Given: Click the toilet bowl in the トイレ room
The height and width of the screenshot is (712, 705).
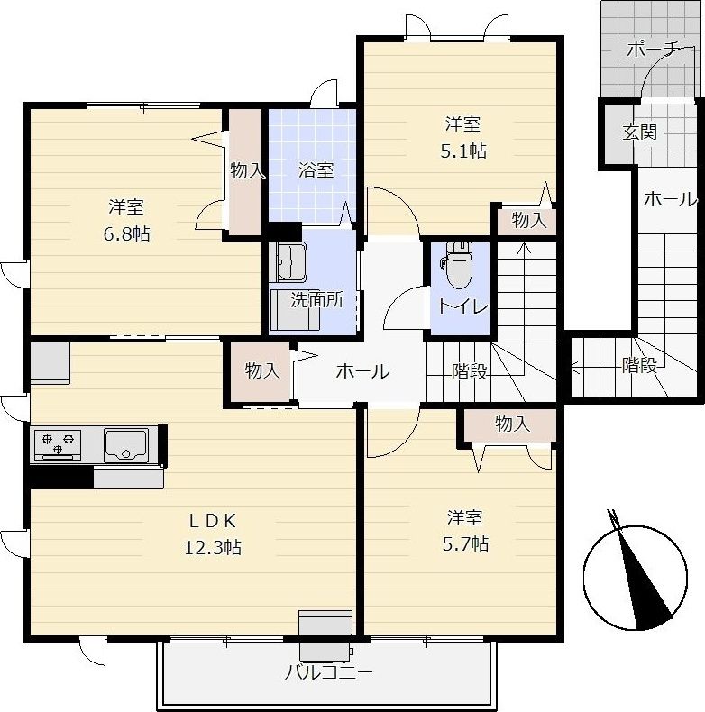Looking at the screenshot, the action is click(458, 266).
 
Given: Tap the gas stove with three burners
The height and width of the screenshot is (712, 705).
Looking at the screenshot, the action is click(58, 445).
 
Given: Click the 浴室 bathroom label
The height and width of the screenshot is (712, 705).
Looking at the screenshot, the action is click(316, 169).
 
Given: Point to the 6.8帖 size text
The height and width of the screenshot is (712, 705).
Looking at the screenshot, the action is click(127, 234).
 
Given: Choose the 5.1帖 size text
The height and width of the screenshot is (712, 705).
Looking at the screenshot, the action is click(463, 151).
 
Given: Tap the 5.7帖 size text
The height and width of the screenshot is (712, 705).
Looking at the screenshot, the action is click(465, 543).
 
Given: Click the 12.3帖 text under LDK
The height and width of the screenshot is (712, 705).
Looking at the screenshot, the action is click(213, 548).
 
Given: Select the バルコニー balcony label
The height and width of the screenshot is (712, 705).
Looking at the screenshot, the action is click(328, 672).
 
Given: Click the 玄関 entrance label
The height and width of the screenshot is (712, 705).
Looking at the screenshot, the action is click(639, 132).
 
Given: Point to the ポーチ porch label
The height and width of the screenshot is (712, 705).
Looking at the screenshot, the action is click(654, 49).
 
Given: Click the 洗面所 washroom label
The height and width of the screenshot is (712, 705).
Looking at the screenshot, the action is click(317, 300).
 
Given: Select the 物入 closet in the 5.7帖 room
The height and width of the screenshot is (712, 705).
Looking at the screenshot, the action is click(510, 424).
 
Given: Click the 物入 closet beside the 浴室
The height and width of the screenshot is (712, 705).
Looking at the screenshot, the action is click(246, 171).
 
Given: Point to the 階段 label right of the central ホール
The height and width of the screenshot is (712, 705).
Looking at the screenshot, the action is click(469, 371).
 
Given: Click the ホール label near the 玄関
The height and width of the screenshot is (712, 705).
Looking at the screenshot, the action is click(670, 199).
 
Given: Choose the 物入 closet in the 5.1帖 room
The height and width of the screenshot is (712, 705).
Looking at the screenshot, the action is click(527, 221).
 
